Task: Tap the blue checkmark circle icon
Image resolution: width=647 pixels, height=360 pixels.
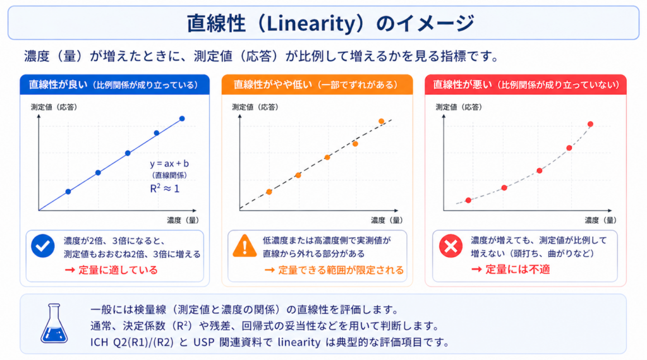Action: click(43, 246)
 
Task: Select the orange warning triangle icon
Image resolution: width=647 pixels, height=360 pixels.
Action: click(245, 246)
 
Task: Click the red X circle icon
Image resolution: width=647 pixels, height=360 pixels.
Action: click(450, 246)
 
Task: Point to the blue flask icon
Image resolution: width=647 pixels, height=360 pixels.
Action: click(54, 323)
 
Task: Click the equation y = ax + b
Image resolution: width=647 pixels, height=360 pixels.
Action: click(169, 164)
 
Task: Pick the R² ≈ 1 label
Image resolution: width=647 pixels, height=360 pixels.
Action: click(165, 188)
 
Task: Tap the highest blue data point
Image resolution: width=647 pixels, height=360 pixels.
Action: click(182, 119)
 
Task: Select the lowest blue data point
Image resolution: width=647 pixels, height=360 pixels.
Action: click(68, 191)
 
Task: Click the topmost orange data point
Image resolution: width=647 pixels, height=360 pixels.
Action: click(381, 121)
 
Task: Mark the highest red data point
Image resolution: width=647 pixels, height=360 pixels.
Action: click(591, 124)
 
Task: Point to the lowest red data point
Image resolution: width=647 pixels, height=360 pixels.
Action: click(468, 200)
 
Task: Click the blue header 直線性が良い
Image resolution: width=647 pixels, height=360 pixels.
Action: click(58, 85)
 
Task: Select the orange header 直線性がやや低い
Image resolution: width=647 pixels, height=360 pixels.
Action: click(274, 85)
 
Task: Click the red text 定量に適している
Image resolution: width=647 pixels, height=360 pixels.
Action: click(118, 270)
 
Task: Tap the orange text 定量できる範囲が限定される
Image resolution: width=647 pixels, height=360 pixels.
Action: click(341, 270)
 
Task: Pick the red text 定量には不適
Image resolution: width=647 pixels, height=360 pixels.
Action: click(517, 269)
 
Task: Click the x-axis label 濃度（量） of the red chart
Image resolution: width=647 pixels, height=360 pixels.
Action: click(601, 220)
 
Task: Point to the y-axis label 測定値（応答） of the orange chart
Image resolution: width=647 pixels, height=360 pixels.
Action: click(255, 107)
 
